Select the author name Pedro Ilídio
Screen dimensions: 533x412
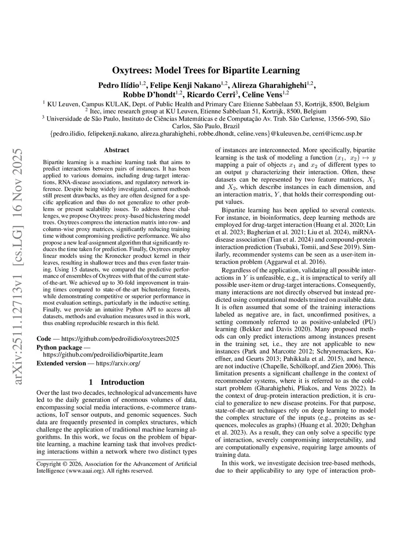click(118, 85)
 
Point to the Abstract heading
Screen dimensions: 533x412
click(116, 150)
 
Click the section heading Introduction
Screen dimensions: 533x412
click(122, 382)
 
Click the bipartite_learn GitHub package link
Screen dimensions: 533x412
click(103, 355)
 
